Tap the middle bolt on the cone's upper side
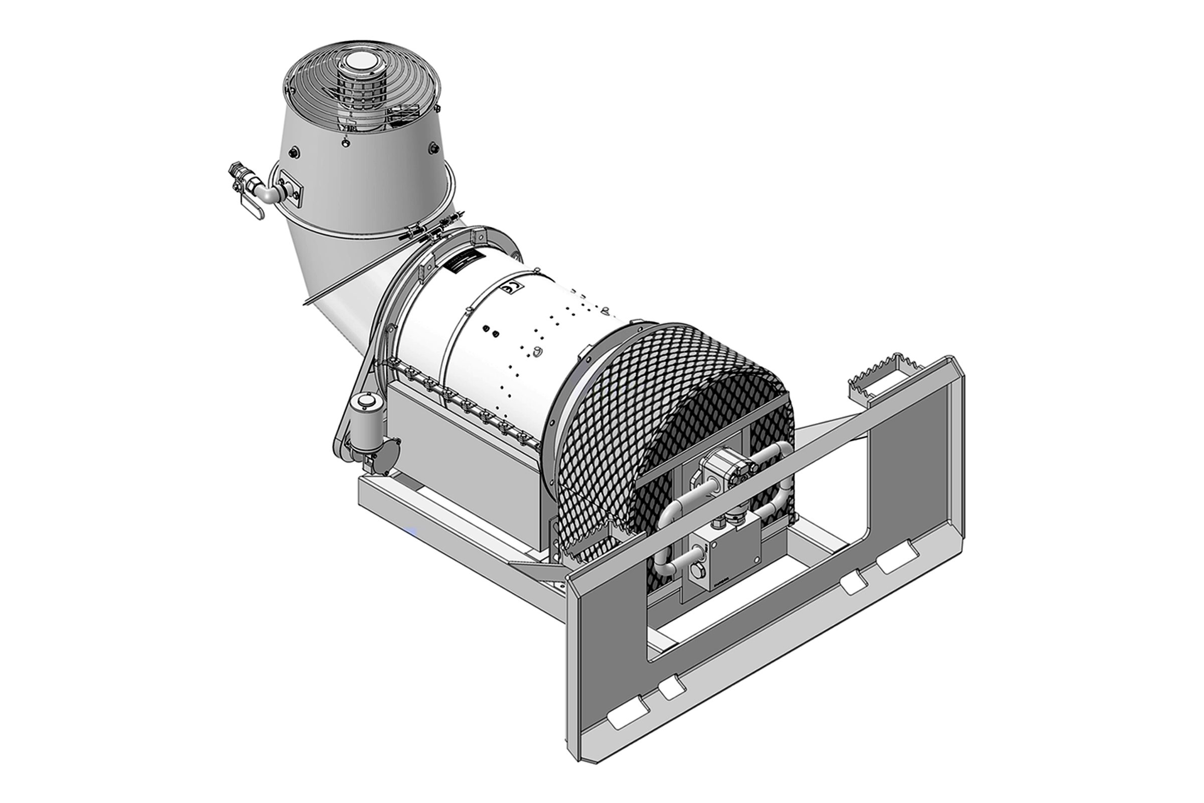tap(346, 143)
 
